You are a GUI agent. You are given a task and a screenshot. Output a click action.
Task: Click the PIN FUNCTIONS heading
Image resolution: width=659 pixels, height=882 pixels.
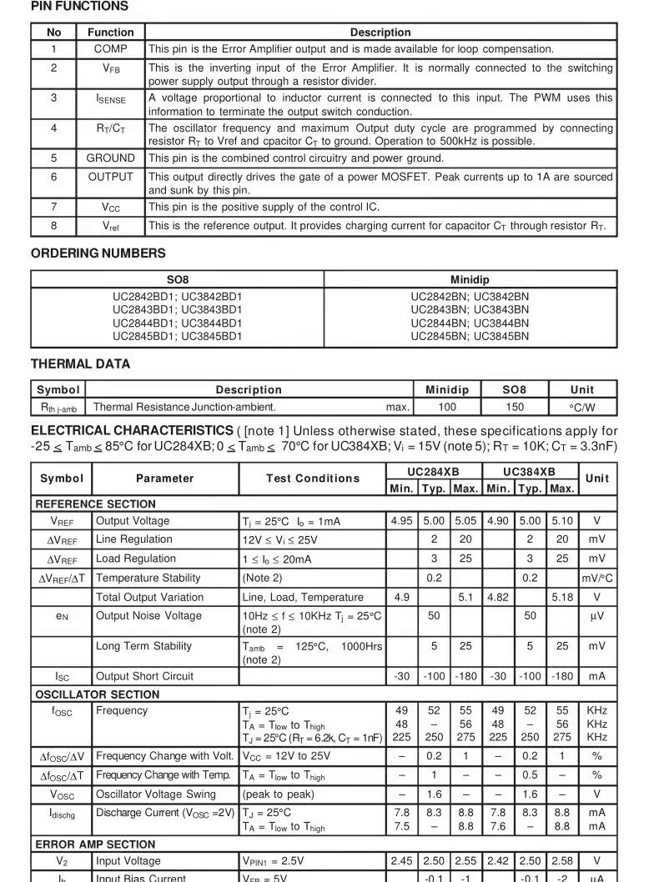[79, 7]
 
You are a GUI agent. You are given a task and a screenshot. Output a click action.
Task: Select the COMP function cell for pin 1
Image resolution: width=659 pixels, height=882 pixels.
[110, 49]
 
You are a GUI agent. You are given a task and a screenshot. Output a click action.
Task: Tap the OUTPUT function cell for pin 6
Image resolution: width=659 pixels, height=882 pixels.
[110, 177]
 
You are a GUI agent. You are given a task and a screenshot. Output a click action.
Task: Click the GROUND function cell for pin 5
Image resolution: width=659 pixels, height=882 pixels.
[110, 158]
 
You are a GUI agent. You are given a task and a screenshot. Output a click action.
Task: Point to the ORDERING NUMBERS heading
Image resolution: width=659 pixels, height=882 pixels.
[98, 253]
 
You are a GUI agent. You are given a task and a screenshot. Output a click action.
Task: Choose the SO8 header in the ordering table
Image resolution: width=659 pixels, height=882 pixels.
[178, 280]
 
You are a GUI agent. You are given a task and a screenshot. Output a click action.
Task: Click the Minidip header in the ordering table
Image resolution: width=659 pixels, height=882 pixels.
[470, 280]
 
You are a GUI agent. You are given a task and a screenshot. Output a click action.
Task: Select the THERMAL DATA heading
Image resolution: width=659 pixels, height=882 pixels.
[80, 364]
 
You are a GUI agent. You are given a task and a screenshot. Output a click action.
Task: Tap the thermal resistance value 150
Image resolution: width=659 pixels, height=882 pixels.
[515, 408]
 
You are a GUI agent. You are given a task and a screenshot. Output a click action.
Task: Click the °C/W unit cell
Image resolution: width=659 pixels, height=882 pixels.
[582, 408]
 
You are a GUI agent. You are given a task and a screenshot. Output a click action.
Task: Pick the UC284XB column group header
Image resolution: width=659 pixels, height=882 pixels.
[434, 471]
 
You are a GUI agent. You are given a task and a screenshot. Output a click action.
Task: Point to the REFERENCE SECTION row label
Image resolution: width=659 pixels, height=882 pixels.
[95, 504]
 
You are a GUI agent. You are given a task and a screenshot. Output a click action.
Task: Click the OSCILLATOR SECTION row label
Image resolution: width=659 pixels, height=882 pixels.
[97, 694]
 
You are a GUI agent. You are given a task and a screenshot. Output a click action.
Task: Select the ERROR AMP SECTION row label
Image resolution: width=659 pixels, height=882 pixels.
[95, 844]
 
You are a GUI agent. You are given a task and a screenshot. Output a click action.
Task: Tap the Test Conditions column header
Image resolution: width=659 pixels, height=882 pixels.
[313, 479]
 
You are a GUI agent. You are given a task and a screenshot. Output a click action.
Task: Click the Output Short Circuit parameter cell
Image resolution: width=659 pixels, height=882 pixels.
[144, 677]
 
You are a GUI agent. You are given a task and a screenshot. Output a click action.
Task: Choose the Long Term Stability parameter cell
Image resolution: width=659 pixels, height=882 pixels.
[143, 646]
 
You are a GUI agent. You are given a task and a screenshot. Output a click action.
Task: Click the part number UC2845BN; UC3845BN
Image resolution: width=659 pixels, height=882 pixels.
[470, 337]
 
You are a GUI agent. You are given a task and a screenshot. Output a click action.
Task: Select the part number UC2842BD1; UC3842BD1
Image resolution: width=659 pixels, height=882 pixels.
[178, 297]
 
